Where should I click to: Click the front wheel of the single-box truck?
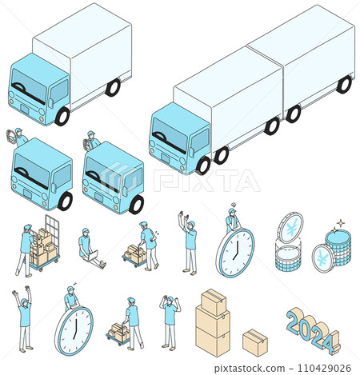pos(62,116)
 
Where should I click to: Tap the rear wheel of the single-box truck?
pos(113,87)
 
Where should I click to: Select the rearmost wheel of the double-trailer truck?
pos(344,84)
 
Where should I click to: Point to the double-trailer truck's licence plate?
pos(165,158)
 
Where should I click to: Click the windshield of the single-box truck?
pos(29,86)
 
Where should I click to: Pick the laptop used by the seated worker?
pos(91,256)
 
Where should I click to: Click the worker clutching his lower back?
pos(149,245)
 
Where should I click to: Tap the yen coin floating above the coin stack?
pos(290,228)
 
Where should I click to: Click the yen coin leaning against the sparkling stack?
pos(323,258)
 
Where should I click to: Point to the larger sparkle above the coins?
pos(341,222)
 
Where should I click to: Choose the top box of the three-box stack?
pos(214,301)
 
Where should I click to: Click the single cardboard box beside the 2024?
pos(255,343)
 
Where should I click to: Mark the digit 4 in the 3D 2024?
pos(331,343)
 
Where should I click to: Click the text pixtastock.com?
pos(250,369)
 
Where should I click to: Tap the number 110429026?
pos(324,368)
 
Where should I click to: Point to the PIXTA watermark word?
pos(206,181)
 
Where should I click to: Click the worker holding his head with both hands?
pos(170,322)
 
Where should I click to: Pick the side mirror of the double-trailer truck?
pos(191,153)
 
